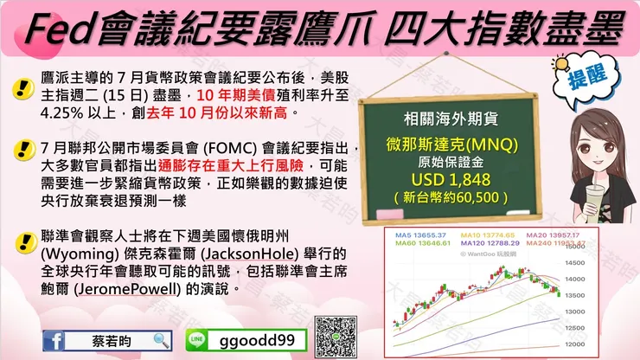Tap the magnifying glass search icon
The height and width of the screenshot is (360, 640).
[x=161, y=340]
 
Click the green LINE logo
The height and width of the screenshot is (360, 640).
[x=197, y=340]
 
